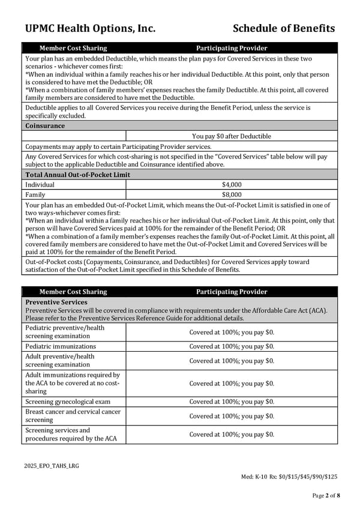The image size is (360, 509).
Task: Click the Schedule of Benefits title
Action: click(283, 28)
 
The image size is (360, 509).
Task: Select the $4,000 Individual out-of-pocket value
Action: click(232, 185)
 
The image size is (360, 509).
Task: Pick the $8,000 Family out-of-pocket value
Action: click(232, 194)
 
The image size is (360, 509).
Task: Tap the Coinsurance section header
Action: click(45, 126)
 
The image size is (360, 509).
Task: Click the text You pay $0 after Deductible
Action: click(232, 136)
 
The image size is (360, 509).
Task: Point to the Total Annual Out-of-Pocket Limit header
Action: click(77, 175)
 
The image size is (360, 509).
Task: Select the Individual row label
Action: click(40, 185)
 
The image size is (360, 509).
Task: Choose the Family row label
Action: click(35, 194)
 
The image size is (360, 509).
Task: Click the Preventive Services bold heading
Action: click(56, 302)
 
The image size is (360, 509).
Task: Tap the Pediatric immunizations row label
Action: click(61, 346)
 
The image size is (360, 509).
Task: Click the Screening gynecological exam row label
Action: click(67, 402)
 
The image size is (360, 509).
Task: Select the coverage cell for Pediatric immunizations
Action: click(232, 346)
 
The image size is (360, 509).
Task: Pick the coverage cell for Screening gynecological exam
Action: click(232, 402)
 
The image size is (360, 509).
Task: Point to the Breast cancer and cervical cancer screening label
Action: click(73, 416)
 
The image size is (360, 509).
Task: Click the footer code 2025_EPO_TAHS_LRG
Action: click(52, 465)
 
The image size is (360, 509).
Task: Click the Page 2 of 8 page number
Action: click(326, 495)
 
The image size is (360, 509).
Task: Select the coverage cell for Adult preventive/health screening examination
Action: click(232, 361)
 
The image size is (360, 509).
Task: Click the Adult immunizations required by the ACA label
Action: click(73, 383)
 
